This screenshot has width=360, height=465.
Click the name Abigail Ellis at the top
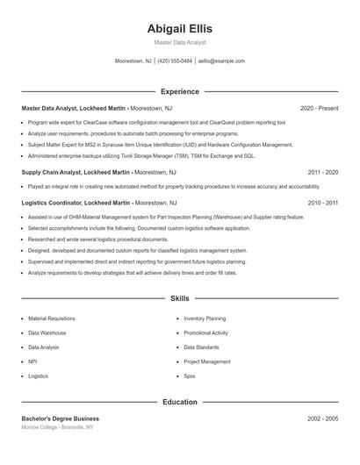click(179, 28)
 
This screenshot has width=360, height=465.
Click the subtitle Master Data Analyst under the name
click(179, 42)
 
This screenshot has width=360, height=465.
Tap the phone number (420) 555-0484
click(175, 61)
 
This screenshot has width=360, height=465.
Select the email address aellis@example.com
click(221, 61)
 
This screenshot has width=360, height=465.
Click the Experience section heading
click(179, 91)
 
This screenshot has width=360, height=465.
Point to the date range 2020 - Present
click(319, 108)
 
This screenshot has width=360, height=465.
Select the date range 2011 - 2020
click(322, 173)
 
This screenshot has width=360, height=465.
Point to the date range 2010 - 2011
click(322, 202)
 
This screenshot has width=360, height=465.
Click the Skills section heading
click(179, 298)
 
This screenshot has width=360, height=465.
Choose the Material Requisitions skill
click(52, 318)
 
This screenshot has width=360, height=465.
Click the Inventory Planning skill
click(205, 318)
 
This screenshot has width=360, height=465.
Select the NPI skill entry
click(32, 361)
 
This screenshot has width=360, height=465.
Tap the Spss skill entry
click(190, 376)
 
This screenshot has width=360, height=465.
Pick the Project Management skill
click(207, 361)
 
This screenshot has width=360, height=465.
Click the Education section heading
click(179, 402)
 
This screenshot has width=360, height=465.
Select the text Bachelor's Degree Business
click(61, 418)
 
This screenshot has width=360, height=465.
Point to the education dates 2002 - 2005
click(322, 418)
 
